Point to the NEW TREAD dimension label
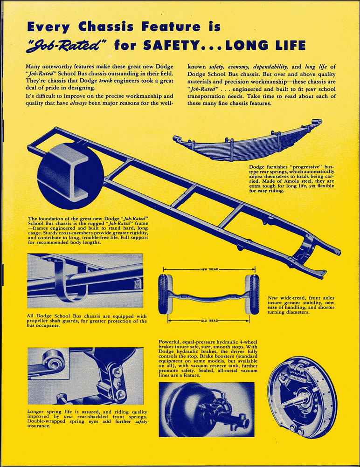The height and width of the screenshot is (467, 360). coord(209,269)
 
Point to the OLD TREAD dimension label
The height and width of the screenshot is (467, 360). coord(209,321)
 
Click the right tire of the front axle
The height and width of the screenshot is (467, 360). coord(254,294)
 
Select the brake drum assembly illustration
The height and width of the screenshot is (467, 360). coord(302,397)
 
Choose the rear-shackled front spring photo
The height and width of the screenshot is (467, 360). coord(85,376)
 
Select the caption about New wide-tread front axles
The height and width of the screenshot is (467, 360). coord(301,305)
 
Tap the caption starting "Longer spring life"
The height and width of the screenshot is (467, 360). coord(87,418)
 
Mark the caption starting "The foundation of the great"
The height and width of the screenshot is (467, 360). coord(88,231)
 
